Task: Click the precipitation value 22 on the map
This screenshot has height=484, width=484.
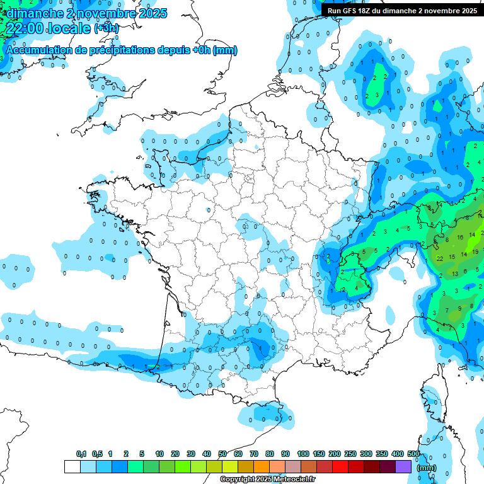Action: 439,258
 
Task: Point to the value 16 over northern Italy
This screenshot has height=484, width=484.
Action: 461,236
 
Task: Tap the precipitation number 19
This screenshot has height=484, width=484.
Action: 475,251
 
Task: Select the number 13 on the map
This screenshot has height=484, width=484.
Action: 455,274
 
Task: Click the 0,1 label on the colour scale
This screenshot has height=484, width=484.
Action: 81,454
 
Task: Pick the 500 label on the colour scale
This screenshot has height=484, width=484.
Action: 413,454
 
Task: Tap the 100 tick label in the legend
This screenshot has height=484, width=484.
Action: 303,454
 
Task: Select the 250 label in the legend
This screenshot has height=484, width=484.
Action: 350,454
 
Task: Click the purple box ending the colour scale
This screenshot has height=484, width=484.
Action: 403,466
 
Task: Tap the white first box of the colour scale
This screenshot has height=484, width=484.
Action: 72,466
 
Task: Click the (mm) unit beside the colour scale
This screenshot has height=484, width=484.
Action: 427,468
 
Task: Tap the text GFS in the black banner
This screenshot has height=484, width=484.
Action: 351,11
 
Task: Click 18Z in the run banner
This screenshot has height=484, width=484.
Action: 367,11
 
